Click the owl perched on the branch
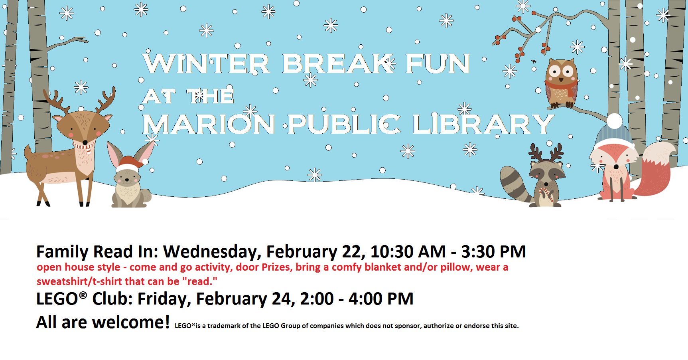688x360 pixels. coord(561,83)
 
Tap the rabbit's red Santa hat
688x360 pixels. coord(130,164)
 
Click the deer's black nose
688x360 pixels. coord(85,142)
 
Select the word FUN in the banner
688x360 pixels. coord(438,64)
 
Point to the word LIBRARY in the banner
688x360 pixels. coord(483,124)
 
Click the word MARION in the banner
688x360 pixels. coord(209,124)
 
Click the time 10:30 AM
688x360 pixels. coord(408,252)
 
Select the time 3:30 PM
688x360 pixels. coord(493,252)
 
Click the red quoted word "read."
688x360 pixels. coord(200,281)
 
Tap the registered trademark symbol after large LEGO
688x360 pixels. coord(83,295)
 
